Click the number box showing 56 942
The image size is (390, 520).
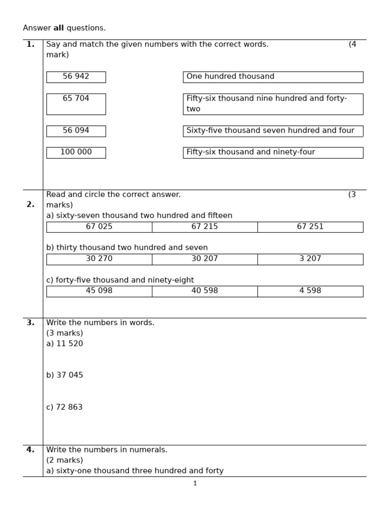pos(76,77)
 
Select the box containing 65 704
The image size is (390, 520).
pos(76,104)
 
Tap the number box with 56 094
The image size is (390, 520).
pos(76,131)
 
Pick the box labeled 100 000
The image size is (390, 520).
pos(76,152)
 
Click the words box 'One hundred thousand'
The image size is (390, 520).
pos(273,77)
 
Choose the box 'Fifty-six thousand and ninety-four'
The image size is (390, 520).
pos(273,152)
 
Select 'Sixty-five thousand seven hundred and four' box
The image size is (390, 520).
pos(273,131)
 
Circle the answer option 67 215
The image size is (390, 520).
pos(205,227)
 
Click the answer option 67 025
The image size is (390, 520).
pos(99,227)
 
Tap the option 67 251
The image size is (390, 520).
pos(310,227)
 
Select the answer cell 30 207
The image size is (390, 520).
pos(205,259)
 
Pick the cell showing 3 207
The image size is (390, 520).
pos(310,259)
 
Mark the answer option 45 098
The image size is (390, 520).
pos(99,291)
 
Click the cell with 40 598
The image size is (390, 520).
pos(205,291)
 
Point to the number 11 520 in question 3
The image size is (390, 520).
pos(70,344)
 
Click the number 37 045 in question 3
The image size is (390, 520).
pos(70,375)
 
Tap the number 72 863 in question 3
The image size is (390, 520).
pos(70,407)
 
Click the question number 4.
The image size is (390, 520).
pos(30,450)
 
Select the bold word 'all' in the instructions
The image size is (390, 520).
pos(58,28)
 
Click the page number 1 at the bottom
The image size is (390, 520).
pos(195,483)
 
